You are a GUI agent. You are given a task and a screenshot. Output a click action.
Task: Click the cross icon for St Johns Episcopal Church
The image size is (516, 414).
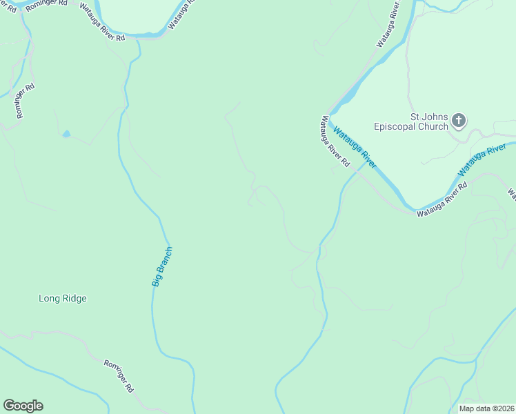pos(459,122)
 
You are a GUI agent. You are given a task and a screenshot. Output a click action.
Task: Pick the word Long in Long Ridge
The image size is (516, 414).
pos(50,299)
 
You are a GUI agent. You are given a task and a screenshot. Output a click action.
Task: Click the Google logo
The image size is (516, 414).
pos(23,406)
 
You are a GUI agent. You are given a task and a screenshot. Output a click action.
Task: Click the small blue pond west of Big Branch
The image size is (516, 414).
pos(66,134)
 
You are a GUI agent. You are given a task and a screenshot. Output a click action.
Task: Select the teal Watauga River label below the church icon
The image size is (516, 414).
pos(482,159)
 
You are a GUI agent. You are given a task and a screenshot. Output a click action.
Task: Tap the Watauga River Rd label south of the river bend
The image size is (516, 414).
pos(442,199)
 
